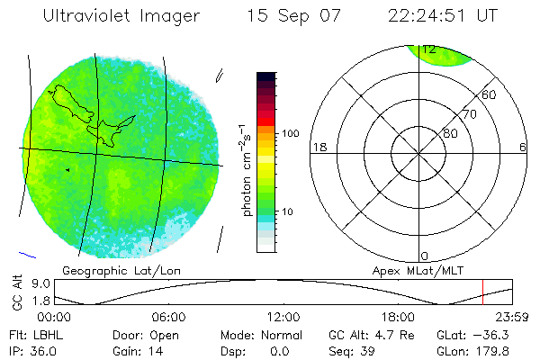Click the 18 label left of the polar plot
tap(319, 147)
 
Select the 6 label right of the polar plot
tap(523, 147)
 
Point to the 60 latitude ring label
tap(489, 95)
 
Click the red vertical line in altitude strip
tap(482, 292)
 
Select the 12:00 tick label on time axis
tap(283, 317)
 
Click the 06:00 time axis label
tap(169, 317)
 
